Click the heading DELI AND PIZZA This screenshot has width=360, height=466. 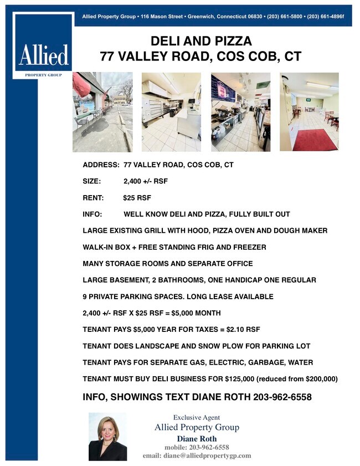click(201, 41)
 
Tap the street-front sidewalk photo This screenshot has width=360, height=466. click(102, 112)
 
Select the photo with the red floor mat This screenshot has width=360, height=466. click(309, 112)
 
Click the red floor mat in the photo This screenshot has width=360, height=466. click(315, 140)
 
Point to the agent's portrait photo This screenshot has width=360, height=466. click(107, 437)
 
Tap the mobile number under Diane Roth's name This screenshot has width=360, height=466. click(197, 447)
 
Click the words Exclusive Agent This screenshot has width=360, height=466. click(196, 417)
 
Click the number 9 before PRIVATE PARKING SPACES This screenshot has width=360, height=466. click(85, 296)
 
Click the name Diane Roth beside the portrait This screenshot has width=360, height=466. click(197, 438)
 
